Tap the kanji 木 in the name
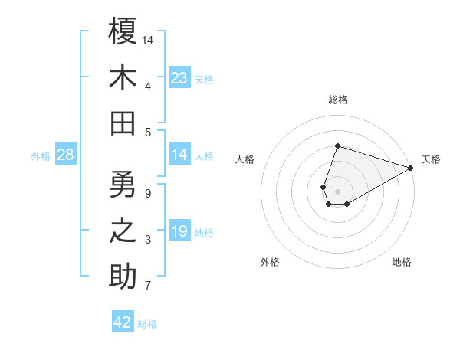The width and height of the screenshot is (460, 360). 123,77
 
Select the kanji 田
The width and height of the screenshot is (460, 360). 123,123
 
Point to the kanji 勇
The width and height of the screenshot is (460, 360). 123,185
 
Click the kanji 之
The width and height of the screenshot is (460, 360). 123,232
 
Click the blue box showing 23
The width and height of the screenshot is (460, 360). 179,77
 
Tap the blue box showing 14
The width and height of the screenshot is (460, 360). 179,155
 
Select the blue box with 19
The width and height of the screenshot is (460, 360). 179,232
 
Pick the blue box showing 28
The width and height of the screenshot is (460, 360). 66,155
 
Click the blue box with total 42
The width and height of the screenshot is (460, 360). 123,322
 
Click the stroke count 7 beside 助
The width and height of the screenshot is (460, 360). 148,286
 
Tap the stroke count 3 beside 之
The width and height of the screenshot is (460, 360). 148,241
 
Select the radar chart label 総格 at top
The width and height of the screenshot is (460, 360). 337,100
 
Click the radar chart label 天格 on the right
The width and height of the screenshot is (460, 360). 431,159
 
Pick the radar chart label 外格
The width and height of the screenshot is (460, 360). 270,262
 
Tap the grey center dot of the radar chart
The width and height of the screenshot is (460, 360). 337,190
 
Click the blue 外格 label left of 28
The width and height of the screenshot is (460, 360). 41,156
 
